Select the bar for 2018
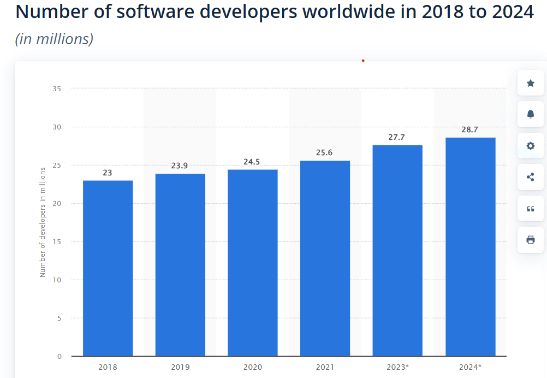point(108,268)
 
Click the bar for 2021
point(325,258)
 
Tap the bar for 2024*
point(470,246)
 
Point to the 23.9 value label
point(179,166)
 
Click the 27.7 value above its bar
point(397,137)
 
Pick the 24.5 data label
point(252,162)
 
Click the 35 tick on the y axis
point(57,88)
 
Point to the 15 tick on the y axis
point(57,241)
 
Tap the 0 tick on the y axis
point(59,356)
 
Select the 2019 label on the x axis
point(180,367)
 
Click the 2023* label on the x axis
point(397,367)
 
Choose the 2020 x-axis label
point(252,367)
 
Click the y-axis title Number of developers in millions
point(43,222)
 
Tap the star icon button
point(530,83)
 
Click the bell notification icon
point(530,114)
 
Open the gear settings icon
point(530,146)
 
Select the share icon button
point(530,177)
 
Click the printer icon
point(530,240)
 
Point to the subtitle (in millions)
point(54,39)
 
